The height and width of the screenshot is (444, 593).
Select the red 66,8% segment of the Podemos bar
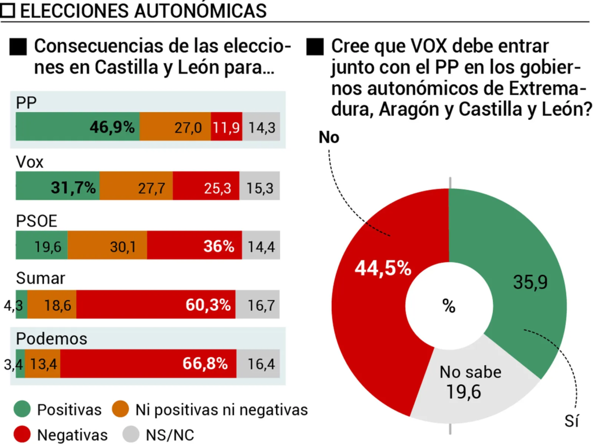point(148,364)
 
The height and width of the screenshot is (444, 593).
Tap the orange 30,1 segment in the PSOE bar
point(107,246)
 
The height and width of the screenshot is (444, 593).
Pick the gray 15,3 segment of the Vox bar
point(259,187)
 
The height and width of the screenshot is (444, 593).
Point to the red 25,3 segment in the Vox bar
point(210,187)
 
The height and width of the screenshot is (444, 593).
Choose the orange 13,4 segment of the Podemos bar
point(43,364)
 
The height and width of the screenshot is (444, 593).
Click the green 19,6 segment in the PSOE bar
point(42,246)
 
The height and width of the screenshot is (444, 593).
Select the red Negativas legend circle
point(22,434)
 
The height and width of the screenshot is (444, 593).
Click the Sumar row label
point(40,279)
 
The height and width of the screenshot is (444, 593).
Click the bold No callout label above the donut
point(328,137)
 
